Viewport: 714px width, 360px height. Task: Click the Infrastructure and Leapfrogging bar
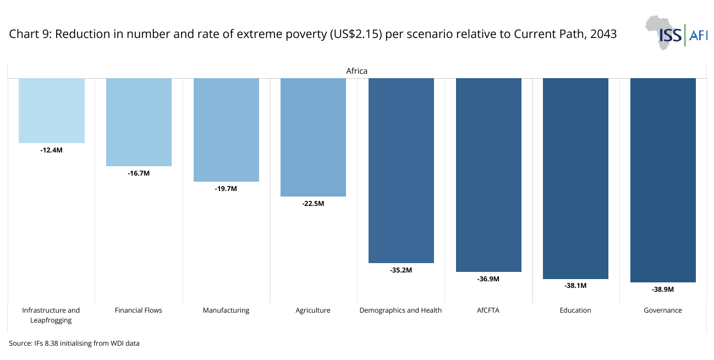pos(52,111)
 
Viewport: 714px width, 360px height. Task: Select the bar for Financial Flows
pos(139,122)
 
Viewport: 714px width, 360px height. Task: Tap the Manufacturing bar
pos(226,130)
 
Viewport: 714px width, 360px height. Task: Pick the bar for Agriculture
pos(313,138)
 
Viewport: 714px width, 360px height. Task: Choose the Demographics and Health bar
pos(401,171)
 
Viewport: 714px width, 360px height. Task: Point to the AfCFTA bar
pos(488,175)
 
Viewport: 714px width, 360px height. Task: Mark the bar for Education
pos(575,178)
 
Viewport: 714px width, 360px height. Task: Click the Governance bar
pos(663,181)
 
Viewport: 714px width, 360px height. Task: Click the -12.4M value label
pos(52,150)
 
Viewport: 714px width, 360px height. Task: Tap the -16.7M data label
pos(139,173)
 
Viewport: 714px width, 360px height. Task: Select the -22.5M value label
pos(313,204)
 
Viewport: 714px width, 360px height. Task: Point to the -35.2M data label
pos(401,270)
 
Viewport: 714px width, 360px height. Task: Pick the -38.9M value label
pos(663,290)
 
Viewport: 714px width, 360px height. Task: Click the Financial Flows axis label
pos(139,310)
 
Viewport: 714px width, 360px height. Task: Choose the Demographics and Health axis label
pos(400,310)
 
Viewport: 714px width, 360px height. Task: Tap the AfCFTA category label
pos(488,310)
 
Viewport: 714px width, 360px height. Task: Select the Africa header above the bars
pos(356,71)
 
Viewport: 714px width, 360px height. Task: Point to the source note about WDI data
pos(74,343)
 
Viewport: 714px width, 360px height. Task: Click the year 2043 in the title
pos(603,34)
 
